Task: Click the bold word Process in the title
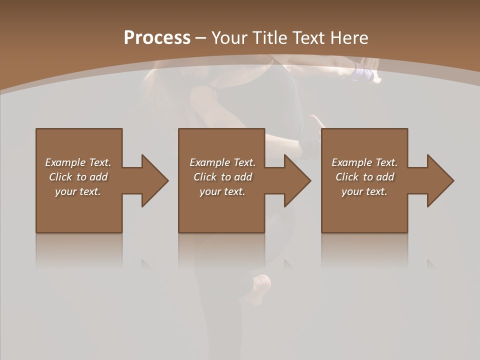[x=157, y=38]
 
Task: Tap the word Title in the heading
[x=268, y=38]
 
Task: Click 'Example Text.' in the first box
[x=78, y=162]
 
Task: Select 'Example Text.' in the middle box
[x=222, y=162]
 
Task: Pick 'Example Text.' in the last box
[x=364, y=162]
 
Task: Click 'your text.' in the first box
[x=78, y=191]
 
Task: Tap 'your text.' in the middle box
[x=222, y=191]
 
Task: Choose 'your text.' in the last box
[x=364, y=191]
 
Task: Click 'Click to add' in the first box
[x=78, y=177]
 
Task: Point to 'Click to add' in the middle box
[x=222, y=177]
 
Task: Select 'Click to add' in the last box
[x=364, y=177]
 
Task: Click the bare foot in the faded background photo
[x=260, y=287]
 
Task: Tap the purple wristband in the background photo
[x=364, y=73]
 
